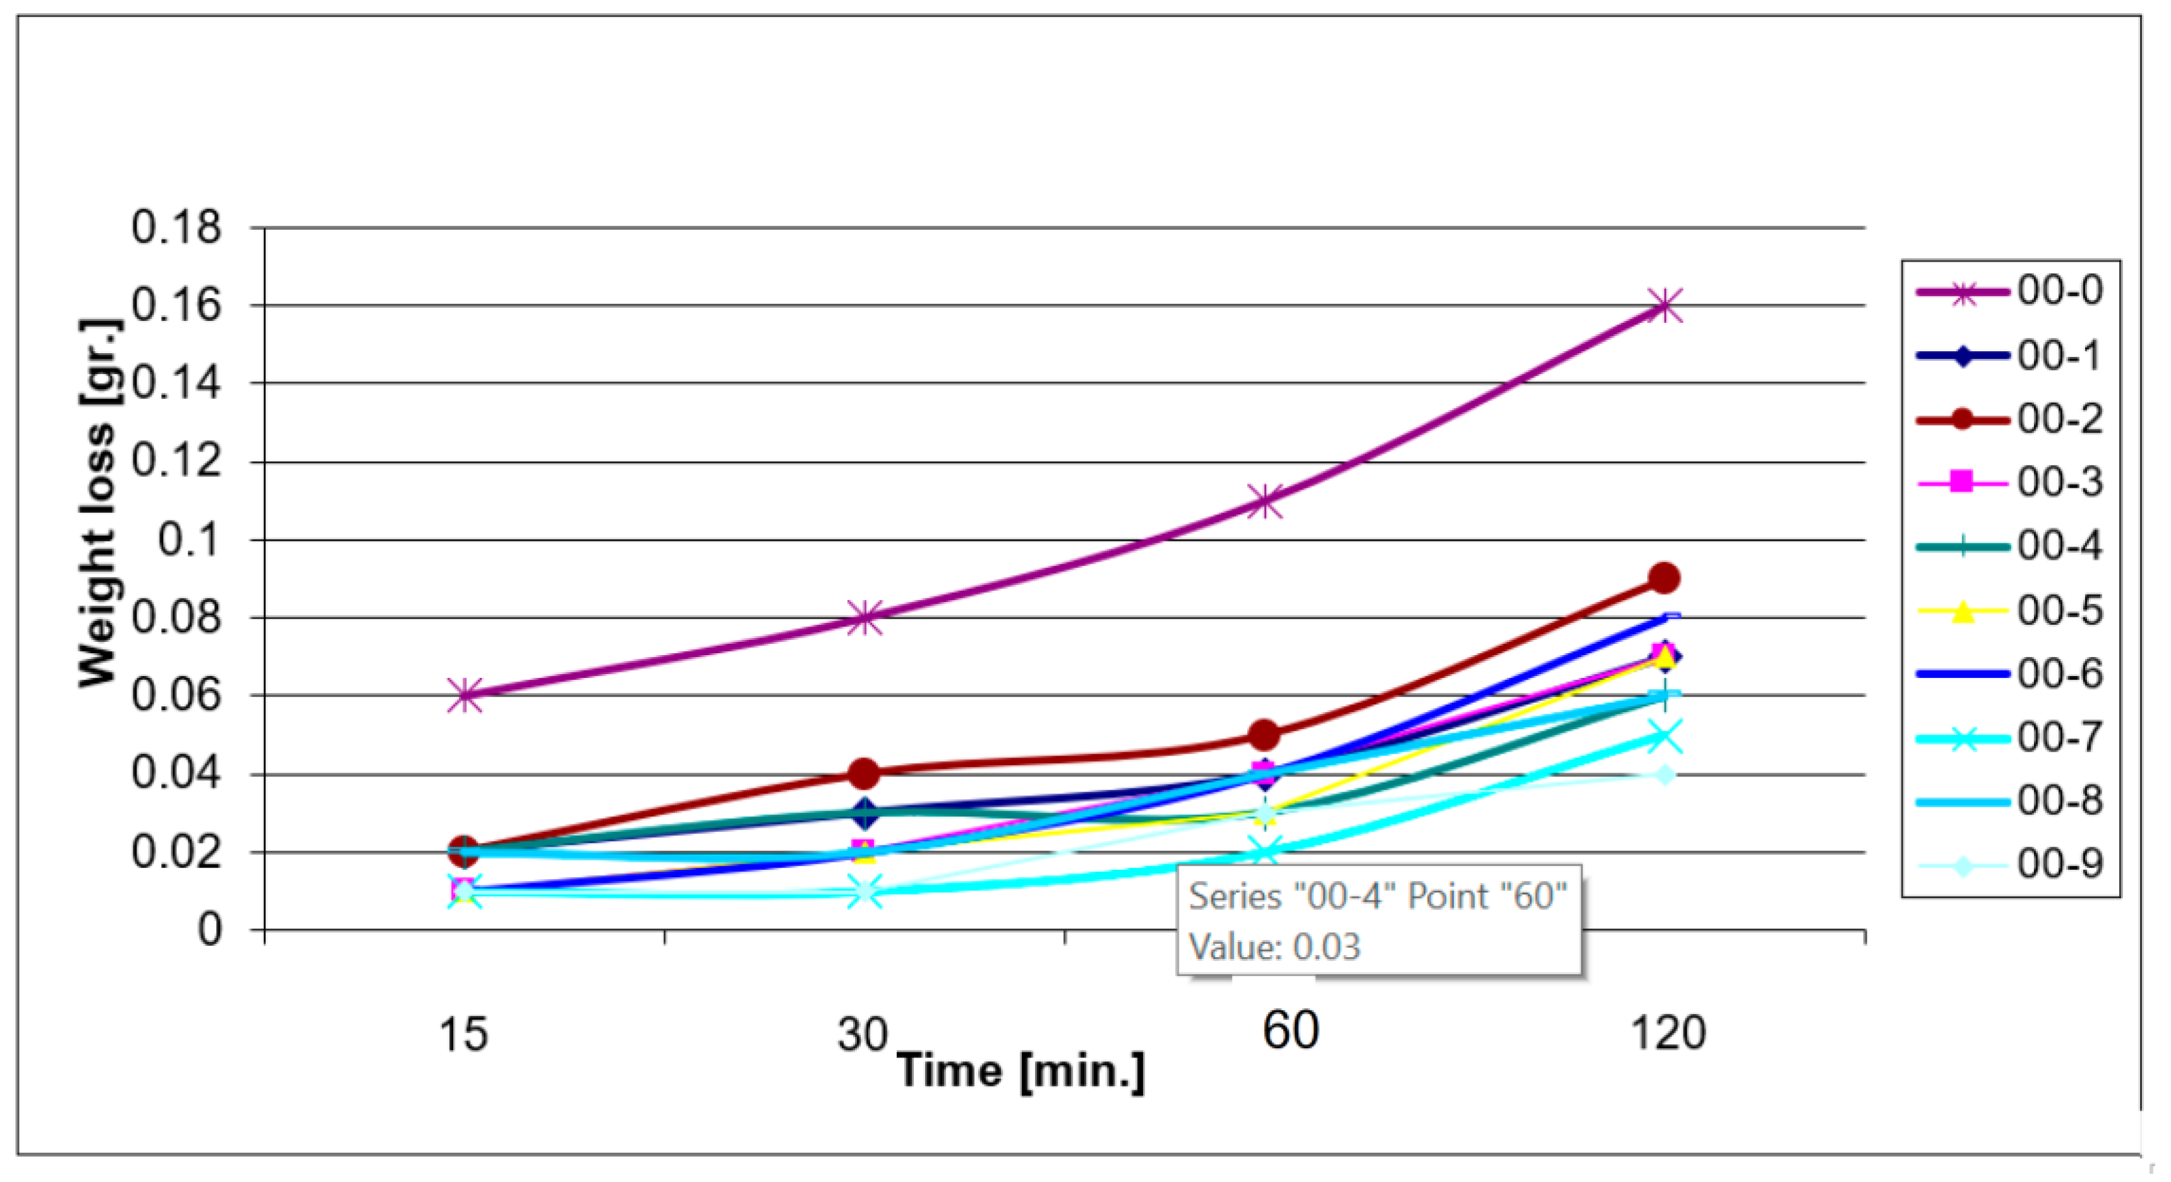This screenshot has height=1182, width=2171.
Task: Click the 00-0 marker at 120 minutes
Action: [x=1665, y=306]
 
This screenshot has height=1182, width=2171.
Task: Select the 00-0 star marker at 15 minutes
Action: [x=464, y=696]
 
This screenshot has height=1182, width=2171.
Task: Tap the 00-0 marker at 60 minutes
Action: [x=1264, y=501]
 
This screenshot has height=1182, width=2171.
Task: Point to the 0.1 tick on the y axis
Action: [x=189, y=540]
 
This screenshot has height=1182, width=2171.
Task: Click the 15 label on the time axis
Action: [x=464, y=1034]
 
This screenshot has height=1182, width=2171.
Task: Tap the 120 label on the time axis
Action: [x=1668, y=1033]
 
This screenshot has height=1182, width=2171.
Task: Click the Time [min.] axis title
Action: [x=1020, y=1071]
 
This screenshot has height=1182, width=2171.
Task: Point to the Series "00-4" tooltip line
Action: [x=1377, y=896]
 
